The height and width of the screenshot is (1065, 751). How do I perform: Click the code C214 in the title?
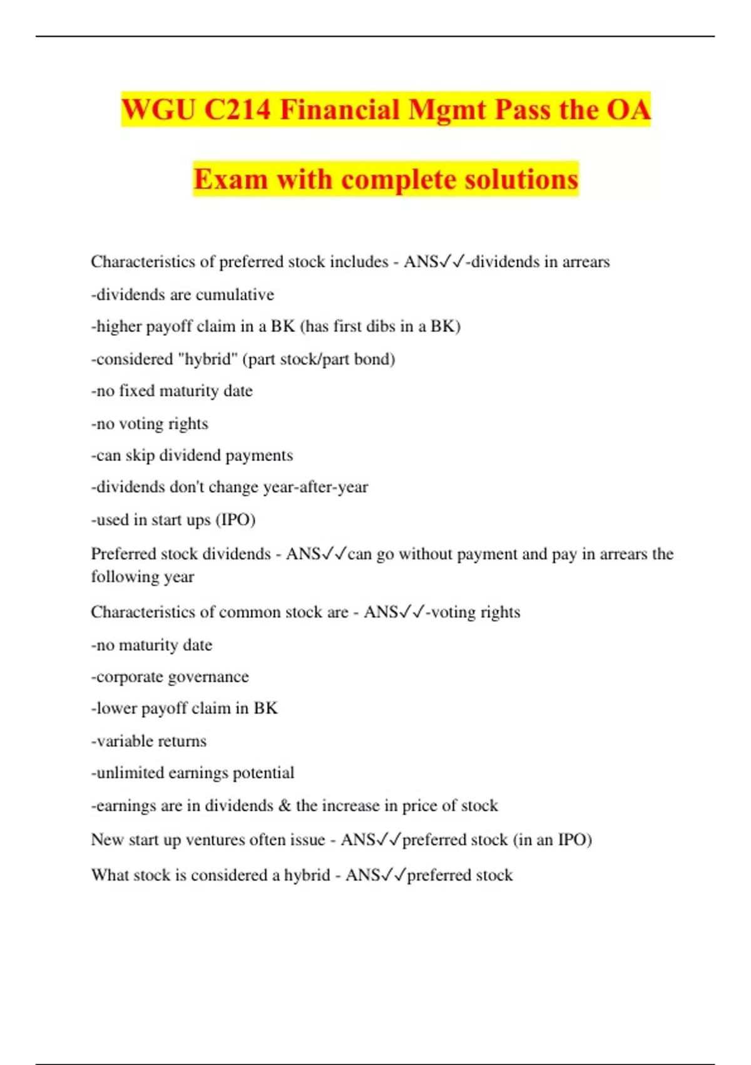[x=238, y=110]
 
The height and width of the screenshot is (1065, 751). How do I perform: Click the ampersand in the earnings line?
[x=285, y=806]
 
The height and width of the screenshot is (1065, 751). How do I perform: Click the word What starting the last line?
[x=110, y=875]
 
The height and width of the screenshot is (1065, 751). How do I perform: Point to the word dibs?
[x=384, y=326]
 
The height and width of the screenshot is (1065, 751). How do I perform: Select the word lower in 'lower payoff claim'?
[x=116, y=709]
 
